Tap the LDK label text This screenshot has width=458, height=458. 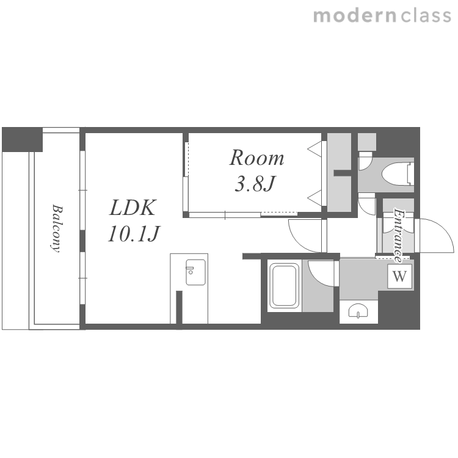133,208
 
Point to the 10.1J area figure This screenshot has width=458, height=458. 134,234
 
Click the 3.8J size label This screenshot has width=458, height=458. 255,183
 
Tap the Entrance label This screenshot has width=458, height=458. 398,235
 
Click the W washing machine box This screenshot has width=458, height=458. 399,276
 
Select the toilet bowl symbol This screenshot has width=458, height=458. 398,175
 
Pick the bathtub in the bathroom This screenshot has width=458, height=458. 284,285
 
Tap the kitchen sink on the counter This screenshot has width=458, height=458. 195,272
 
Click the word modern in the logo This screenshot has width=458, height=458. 355,16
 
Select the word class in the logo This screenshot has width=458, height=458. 426,16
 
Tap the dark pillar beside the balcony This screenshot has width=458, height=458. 22,139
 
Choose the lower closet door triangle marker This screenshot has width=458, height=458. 314,198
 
